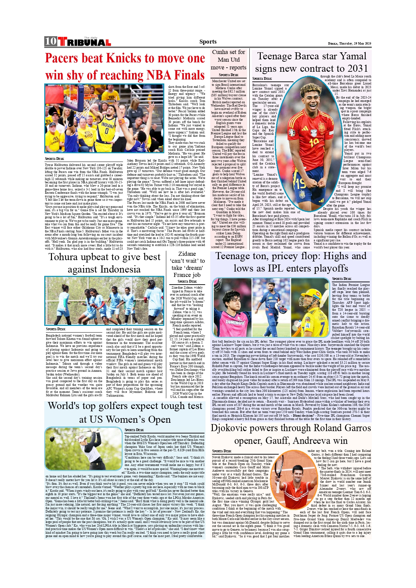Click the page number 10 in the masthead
pos(51,41)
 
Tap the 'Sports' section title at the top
pos(208,42)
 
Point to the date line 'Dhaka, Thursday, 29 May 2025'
pos(349,44)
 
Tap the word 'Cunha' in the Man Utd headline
pos(220,52)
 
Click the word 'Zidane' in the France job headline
pos(187,254)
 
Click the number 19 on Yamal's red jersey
pos(314,143)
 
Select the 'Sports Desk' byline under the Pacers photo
pos(54,159)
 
